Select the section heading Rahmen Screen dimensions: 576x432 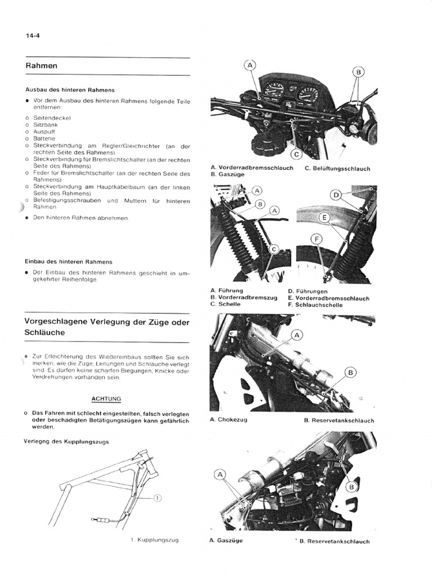[x=41, y=66]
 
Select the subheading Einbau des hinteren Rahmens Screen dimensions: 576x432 [x=68, y=262]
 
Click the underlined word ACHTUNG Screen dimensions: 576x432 [x=106, y=399]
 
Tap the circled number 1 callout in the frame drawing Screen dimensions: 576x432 [x=157, y=498]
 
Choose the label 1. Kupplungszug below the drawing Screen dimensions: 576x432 [x=155, y=541]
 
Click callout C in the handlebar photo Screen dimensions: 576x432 [x=296, y=154]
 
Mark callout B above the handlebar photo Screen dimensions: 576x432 [x=358, y=72]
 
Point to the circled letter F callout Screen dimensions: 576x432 [x=317, y=239]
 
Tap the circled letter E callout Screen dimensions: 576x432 [x=324, y=217]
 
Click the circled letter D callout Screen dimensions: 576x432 [x=336, y=195]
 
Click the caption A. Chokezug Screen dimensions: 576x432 [x=228, y=420]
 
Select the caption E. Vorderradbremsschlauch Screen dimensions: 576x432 [x=328, y=298]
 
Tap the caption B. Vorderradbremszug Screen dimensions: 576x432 [x=244, y=298]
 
